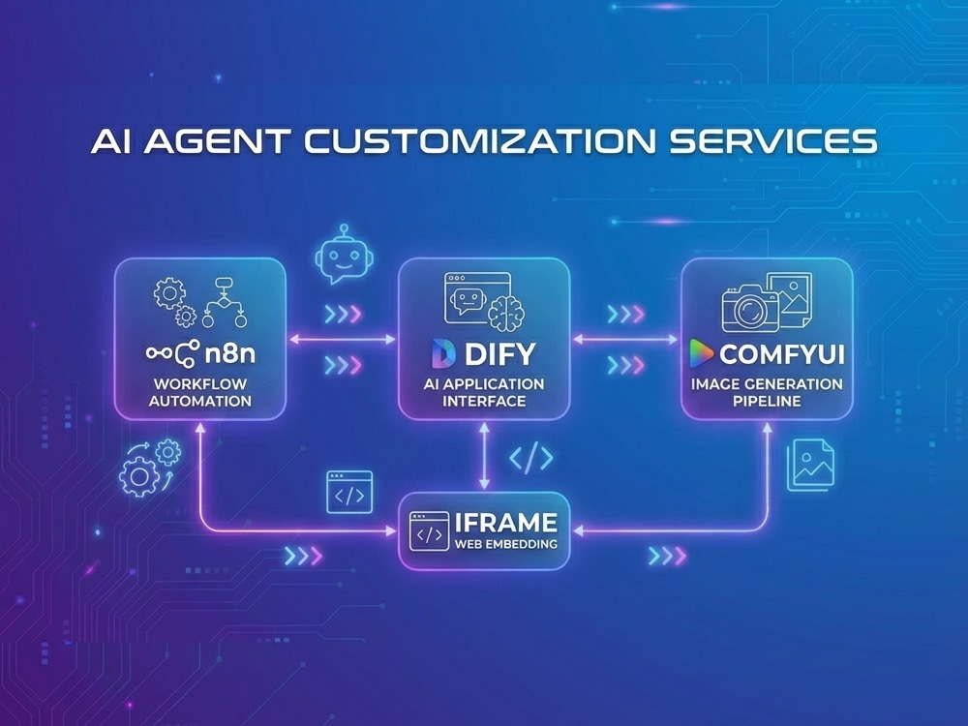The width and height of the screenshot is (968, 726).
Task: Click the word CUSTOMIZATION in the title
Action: tap(480, 141)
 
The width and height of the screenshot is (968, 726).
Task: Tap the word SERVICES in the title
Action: tap(772, 141)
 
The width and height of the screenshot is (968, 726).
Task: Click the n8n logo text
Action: tap(229, 353)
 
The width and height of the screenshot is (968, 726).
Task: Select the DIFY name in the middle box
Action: tap(500, 353)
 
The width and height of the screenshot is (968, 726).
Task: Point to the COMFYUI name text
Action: tap(781, 354)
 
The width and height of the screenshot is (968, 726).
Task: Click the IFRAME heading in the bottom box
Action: tap(505, 523)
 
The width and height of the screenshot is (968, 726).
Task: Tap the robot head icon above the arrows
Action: tap(344, 254)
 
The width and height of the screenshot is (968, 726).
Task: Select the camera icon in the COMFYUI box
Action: tap(750, 308)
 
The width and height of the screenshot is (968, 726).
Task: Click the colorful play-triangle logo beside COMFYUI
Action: tap(701, 353)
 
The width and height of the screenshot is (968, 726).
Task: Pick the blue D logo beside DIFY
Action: tap(444, 353)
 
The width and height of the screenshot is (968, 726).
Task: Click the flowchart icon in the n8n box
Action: tap(225, 302)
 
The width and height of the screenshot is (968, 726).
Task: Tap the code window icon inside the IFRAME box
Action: tap(429, 530)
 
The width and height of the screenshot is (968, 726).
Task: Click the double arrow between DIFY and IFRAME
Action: tap(485, 456)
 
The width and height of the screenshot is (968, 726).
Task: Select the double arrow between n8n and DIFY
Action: tap(342, 339)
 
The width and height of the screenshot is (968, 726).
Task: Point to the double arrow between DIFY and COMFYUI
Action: tap(625, 339)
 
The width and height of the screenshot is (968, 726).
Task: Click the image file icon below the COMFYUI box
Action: tap(810, 465)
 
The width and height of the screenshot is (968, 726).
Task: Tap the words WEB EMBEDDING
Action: tap(505, 544)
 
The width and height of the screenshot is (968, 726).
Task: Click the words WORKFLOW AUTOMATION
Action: tap(200, 393)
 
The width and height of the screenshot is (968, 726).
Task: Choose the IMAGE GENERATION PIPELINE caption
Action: tap(767, 393)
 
